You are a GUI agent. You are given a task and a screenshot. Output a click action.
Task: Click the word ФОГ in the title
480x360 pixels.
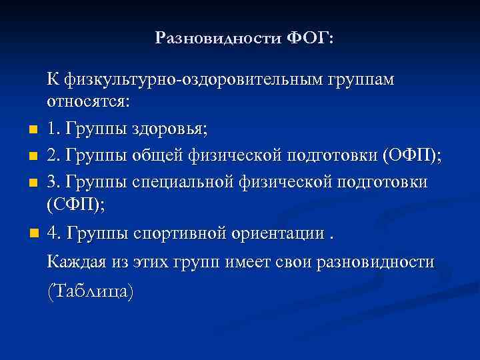point(311,38)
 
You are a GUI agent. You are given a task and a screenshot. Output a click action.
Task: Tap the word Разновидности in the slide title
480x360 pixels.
point(219,38)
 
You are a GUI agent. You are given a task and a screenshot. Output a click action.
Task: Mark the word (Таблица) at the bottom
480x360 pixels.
point(90,291)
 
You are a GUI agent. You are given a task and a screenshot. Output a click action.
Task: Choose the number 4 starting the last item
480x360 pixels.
point(52,235)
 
